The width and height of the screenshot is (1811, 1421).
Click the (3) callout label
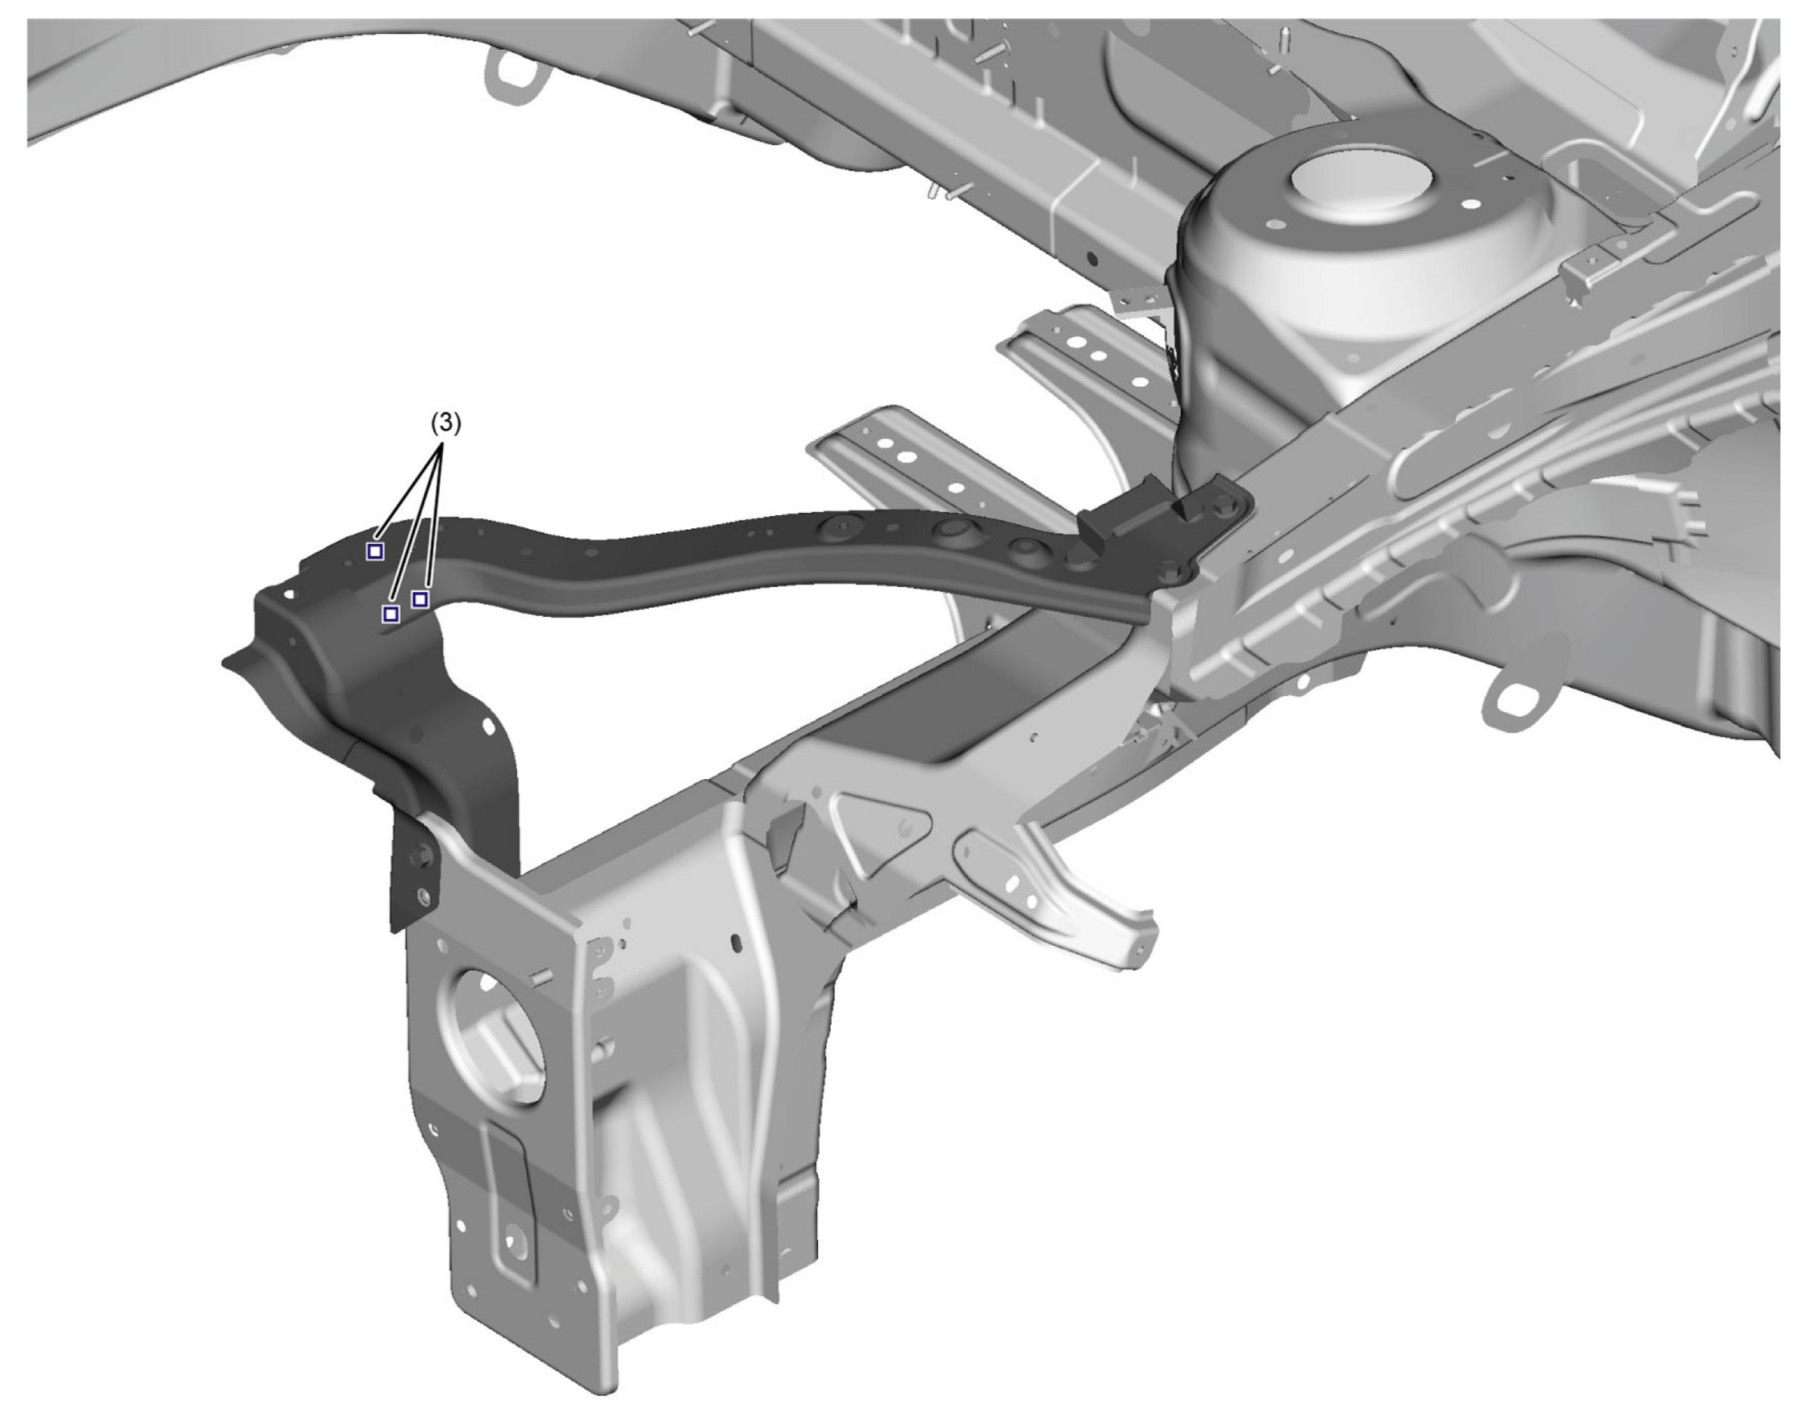pos(445,423)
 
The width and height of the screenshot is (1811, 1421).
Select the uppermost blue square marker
pos(375,551)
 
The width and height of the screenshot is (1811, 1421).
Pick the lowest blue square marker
pos(390,614)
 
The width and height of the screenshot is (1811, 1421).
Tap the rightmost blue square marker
pos(420,599)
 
